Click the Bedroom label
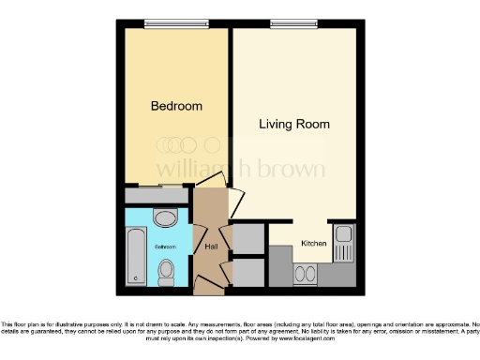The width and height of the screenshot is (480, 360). (x=176, y=107)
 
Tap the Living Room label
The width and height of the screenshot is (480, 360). (x=294, y=124)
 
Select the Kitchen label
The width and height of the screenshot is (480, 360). (x=312, y=244)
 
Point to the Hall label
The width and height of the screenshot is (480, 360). (x=212, y=246)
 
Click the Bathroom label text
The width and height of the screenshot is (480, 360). (x=166, y=247)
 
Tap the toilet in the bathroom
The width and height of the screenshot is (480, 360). (x=166, y=272)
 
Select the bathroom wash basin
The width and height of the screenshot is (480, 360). (x=166, y=219)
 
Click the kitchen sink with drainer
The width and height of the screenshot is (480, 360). (x=343, y=243)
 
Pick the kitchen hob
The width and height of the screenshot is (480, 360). (x=306, y=274)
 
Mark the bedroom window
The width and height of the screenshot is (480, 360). (x=175, y=22)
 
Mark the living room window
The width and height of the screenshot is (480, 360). (x=294, y=22)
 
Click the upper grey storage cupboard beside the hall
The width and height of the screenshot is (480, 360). (x=248, y=239)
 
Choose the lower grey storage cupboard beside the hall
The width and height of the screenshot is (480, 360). (x=248, y=273)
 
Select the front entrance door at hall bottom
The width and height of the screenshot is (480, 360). (x=213, y=282)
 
